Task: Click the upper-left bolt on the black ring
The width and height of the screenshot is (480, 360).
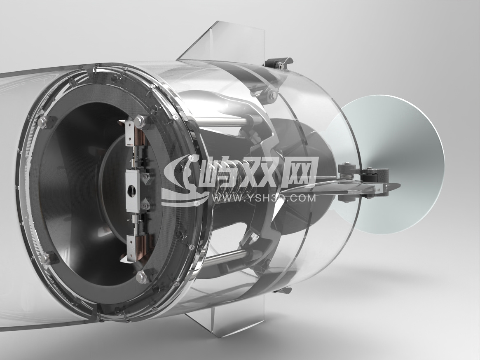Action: click(42, 123)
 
